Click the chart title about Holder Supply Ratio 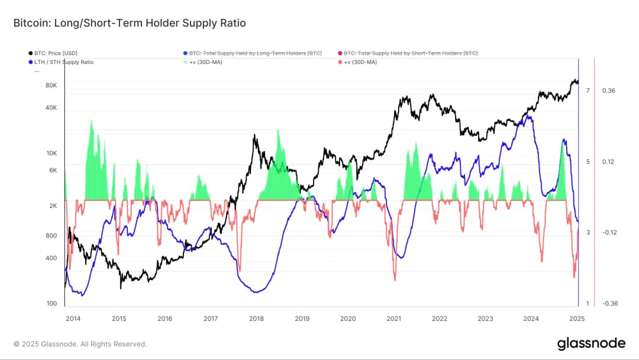tap(130, 24)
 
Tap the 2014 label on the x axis tap(73, 319)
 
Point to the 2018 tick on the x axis tap(256, 319)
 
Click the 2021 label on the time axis tap(393, 319)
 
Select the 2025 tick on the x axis tap(577, 319)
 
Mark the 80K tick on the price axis tap(51, 85)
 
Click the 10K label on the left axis tap(51, 153)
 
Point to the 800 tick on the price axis tap(51, 236)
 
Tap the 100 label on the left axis tap(51, 304)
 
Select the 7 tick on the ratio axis tap(588, 91)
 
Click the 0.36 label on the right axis tap(609, 91)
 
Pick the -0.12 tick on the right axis tap(609, 233)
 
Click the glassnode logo tap(591, 343)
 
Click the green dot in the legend tap(185, 62)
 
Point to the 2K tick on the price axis tap(52, 206)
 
